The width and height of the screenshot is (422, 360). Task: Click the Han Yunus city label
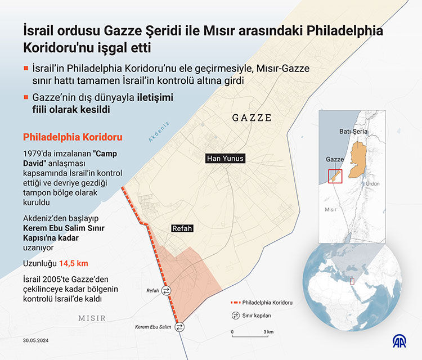coord(226,159)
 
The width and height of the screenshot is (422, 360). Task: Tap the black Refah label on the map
coord(182,228)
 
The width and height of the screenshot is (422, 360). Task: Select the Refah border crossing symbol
coord(167,290)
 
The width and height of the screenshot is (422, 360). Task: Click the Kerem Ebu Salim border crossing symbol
coord(179,326)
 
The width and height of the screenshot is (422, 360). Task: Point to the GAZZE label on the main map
coord(252,118)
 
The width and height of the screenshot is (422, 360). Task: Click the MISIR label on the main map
coord(92,318)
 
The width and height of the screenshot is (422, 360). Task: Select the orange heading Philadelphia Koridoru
coord(72,137)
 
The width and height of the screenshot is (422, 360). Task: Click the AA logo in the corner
coord(401,341)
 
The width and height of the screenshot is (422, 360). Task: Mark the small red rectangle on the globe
coord(353,281)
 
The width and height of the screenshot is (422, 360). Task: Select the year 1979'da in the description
coord(37,153)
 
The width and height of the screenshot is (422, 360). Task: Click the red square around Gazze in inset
coord(335,176)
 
